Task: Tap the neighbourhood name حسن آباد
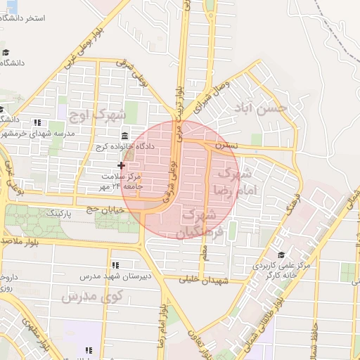tap(262, 109)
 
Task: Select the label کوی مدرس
tap(92, 296)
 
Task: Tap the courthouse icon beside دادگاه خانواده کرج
tap(124, 135)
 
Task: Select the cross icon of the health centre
tap(122, 166)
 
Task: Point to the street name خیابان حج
tap(102, 208)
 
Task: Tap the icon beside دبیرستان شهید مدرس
tap(115, 265)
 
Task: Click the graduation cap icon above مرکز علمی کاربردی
tap(281, 255)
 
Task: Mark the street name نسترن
tap(226, 146)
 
